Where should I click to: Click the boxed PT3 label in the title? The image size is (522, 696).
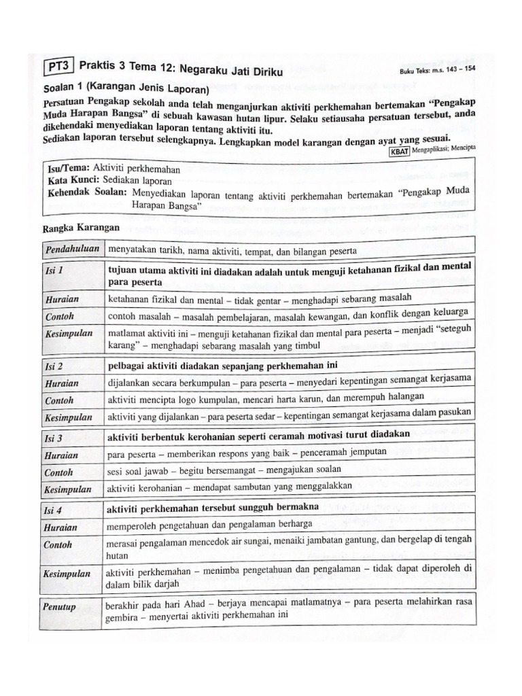[59, 67]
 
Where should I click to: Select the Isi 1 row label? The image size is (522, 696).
[54, 271]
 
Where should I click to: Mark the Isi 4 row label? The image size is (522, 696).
[54, 509]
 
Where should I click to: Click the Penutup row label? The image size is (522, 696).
[60, 605]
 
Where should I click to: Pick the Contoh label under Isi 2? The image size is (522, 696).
[59, 400]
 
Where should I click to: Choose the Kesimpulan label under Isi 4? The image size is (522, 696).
[67, 574]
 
